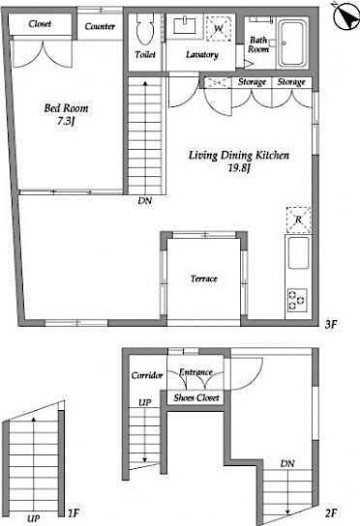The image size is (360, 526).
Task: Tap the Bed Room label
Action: [65, 108]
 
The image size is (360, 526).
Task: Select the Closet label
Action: [40, 23]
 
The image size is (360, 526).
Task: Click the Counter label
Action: [100, 26]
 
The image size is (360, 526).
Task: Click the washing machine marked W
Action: [219, 29]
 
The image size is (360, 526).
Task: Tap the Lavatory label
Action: [202, 54]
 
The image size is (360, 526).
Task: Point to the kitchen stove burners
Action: [296, 300]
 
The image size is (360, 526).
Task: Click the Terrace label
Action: [203, 278]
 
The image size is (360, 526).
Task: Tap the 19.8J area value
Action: [239, 167]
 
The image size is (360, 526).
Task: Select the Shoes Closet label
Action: [196, 398]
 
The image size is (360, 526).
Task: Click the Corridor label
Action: [145, 374]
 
